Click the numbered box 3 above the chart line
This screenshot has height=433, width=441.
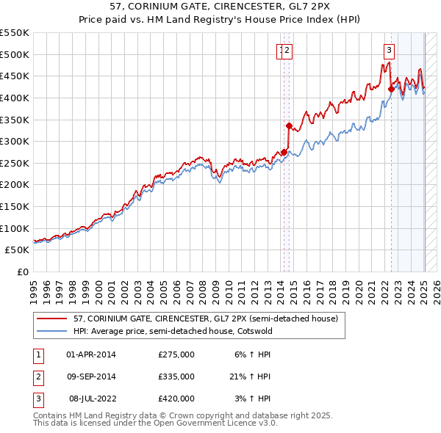pos(388,51)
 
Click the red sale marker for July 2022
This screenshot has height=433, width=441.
pos(391,90)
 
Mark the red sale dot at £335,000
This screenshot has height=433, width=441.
pos(289,126)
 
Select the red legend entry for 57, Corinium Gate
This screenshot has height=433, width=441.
pos(205,319)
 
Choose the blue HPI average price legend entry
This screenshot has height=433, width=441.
pos(173,331)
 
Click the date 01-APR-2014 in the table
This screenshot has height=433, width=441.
pos(91,354)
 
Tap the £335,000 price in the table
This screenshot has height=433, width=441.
pos(176,376)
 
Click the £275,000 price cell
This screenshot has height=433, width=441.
pos(176,354)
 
